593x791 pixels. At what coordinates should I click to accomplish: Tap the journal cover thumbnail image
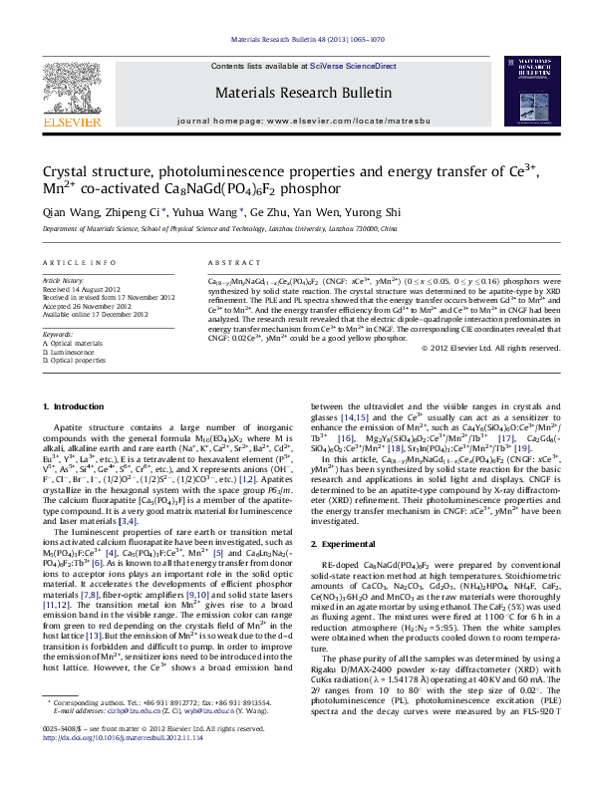pyautogui.click(x=528, y=93)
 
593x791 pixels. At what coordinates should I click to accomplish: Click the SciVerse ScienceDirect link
pyautogui.click(x=353, y=66)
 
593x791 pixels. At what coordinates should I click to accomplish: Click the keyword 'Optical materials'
pyautogui.click(x=78, y=343)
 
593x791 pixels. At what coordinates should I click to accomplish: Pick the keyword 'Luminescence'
pyautogui.click(x=74, y=352)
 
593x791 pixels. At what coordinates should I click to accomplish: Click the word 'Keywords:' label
pyautogui.click(x=58, y=334)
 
